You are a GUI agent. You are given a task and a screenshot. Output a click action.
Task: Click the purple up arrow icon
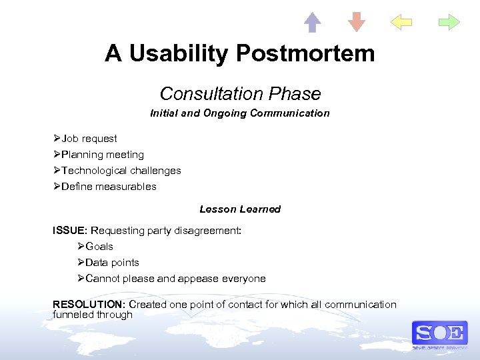(312, 22)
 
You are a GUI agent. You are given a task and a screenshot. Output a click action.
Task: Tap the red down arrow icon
(357, 22)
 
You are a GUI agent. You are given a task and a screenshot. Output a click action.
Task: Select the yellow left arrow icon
(401, 23)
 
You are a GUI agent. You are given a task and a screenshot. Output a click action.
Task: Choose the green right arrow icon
(449, 23)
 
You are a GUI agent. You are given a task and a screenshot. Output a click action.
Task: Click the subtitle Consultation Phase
(240, 94)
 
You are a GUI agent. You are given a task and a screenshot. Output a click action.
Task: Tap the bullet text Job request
(89, 139)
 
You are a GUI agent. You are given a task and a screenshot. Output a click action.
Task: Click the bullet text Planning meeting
(103, 155)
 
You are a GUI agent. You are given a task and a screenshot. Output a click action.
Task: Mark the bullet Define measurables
(109, 187)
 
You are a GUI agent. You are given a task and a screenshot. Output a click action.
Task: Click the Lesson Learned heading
(240, 209)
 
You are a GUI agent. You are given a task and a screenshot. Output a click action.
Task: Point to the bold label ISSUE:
(70, 231)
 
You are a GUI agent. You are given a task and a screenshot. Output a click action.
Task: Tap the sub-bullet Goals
(99, 247)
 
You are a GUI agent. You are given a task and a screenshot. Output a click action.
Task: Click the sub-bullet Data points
(112, 263)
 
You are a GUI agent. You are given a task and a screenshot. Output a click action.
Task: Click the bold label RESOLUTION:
(89, 305)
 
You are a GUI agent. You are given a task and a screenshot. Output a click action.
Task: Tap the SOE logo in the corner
(439, 334)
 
